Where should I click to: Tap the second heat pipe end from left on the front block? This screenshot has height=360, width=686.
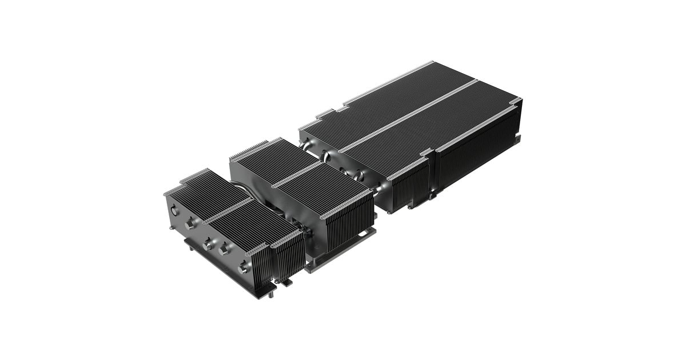(189, 225)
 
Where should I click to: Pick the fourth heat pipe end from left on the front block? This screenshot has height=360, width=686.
(224, 247)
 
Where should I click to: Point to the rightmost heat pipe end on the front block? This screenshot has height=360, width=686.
(243, 266)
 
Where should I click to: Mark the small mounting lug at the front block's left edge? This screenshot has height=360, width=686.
(171, 227)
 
